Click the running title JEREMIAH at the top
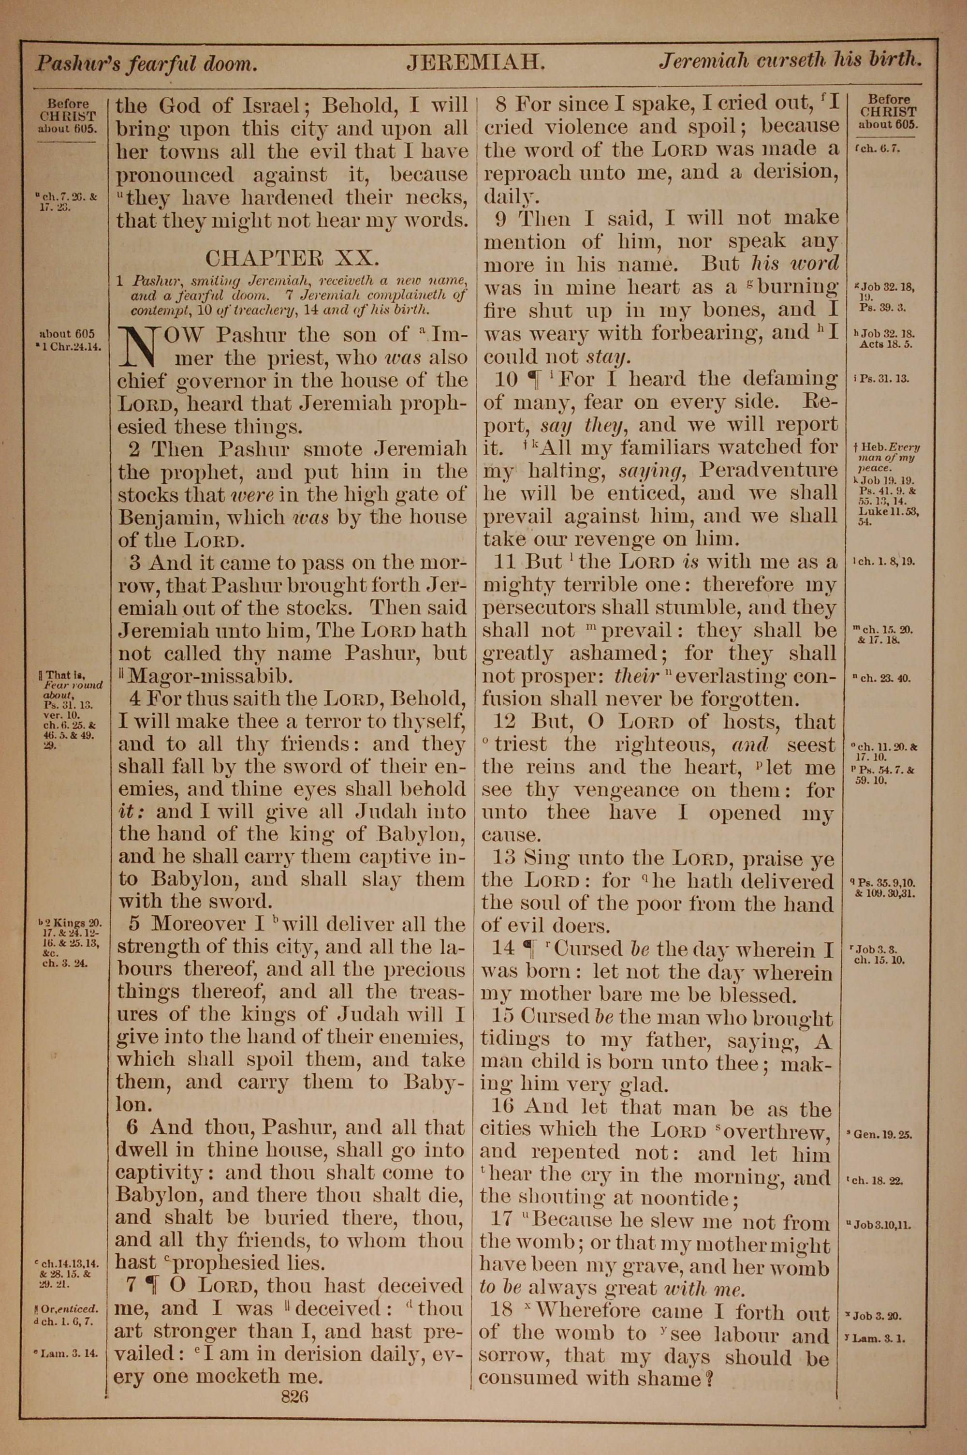475,62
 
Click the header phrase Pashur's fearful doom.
145,63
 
